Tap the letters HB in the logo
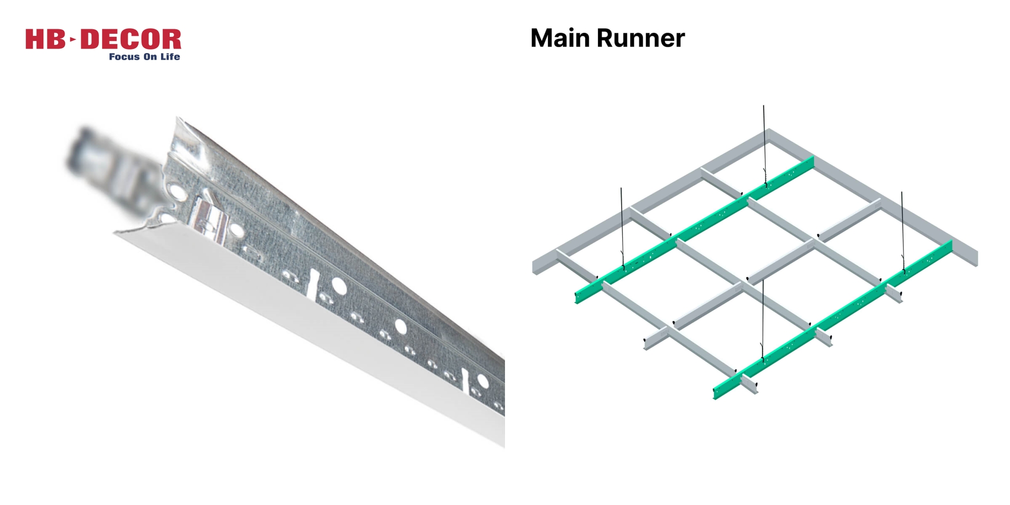[x=45, y=39]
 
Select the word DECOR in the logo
[x=131, y=39]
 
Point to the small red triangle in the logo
[x=73, y=39]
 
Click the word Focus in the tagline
[x=124, y=57]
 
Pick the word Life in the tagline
[x=170, y=57]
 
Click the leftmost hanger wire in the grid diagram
[x=622, y=227]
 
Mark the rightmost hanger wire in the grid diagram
[x=902, y=230]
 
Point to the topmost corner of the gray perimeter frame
[x=768, y=132]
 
